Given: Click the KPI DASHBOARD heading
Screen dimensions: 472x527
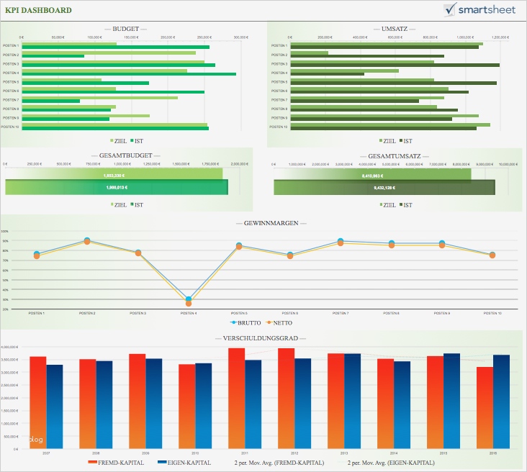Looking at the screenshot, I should tap(38, 10).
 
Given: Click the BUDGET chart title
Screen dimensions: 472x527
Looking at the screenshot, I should tap(126, 29).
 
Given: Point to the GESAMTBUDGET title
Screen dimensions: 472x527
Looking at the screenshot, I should tap(126, 155).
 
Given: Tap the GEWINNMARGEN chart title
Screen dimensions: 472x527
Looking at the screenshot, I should tap(263, 223).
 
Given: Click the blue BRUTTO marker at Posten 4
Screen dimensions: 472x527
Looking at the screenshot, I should tap(189, 299).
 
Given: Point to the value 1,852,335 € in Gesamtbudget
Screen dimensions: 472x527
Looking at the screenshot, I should tap(114, 175).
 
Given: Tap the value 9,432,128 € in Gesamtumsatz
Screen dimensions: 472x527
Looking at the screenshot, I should tap(384, 187).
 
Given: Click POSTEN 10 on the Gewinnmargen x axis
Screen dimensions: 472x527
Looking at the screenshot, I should tap(492, 314).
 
